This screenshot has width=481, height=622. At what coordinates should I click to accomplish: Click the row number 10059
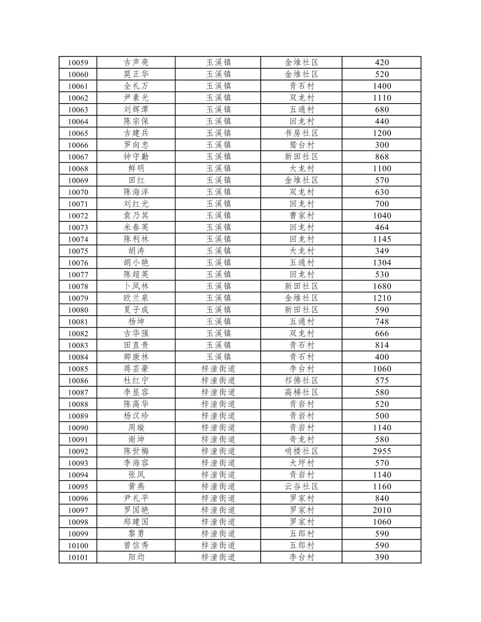click(78, 63)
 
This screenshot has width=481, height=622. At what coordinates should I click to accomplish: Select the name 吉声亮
click(136, 63)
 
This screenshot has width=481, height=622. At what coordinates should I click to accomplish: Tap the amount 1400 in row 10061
click(382, 86)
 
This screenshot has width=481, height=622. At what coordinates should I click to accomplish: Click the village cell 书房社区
click(301, 133)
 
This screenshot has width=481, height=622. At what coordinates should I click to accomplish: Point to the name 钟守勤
click(136, 157)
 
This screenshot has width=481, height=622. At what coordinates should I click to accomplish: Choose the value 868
click(382, 157)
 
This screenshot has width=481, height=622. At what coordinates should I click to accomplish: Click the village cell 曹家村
click(301, 215)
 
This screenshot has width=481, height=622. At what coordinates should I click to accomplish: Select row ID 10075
click(78, 251)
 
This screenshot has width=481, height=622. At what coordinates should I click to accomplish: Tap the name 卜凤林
click(136, 286)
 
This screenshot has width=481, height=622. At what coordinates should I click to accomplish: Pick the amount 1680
click(382, 286)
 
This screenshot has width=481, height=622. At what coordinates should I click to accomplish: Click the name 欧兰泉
click(136, 298)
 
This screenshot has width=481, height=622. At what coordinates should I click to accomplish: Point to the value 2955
click(382, 451)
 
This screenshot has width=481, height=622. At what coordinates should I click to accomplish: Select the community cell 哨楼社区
click(301, 451)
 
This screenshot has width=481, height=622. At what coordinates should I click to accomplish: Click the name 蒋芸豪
click(136, 369)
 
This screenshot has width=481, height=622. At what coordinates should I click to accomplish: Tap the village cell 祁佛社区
click(301, 381)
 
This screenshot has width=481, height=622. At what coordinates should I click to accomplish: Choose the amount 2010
click(382, 510)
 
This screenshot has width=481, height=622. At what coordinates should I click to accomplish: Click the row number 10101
click(78, 557)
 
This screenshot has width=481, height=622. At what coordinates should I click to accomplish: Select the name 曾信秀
click(136, 545)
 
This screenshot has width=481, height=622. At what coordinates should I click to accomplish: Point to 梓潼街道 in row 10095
click(218, 486)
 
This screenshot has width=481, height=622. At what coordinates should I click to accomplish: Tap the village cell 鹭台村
click(301, 145)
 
